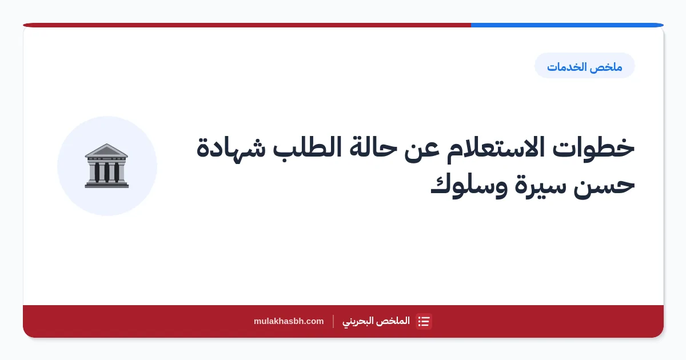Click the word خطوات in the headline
[x=593, y=148]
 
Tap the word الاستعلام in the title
[x=495, y=148]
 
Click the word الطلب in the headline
[x=307, y=149]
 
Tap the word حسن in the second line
[x=604, y=186]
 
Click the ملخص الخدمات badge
[x=585, y=66]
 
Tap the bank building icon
[x=107, y=166]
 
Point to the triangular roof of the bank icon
[x=106, y=150]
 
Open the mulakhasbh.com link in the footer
[x=289, y=321]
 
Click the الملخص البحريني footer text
[x=376, y=321]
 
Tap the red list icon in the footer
[x=424, y=321]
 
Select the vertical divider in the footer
[x=333, y=321]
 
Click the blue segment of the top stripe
[x=567, y=25]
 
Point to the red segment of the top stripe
[x=247, y=25]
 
